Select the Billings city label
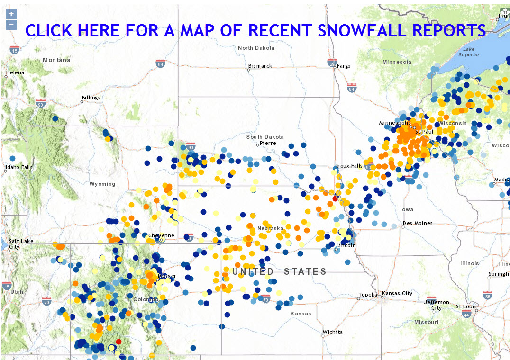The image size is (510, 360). coord(91,98)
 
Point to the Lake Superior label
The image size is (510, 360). coord(469,52)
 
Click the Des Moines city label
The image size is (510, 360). coord(417,223)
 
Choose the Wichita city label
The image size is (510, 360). coord(332,332)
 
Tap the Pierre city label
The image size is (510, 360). coord(267,143)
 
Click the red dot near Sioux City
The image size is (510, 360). coord(335,198)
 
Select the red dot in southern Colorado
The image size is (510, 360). coord(118,341)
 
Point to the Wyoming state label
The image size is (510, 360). coord(102,184)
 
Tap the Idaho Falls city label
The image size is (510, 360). coord(18,167)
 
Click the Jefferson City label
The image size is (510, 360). coord(437,305)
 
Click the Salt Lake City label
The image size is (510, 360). coord(20,244)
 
